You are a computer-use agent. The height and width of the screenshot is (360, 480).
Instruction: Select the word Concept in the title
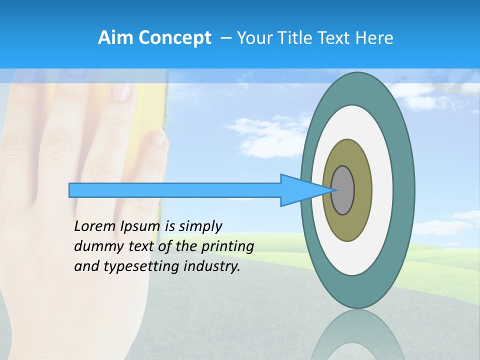174,38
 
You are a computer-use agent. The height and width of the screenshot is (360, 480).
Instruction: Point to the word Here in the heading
374,38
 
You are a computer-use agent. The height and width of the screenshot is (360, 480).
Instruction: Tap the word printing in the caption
227,246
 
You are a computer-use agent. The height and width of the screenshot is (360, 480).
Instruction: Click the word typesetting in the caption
142,266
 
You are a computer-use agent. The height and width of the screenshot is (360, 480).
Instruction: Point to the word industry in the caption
212,266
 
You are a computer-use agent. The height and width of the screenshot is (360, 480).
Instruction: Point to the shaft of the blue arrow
175,190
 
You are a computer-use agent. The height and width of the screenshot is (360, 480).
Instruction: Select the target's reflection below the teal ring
357,335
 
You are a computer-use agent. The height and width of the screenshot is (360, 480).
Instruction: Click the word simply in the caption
200,226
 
